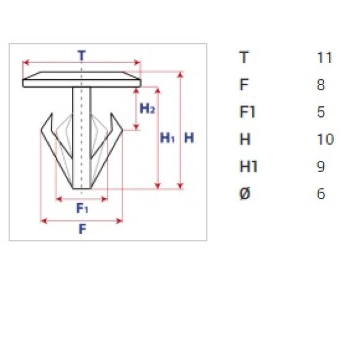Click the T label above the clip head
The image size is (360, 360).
tap(82, 56)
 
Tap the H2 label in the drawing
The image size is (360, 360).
tap(148, 108)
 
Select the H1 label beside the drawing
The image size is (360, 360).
tap(167, 138)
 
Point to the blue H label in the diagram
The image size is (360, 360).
tap(189, 138)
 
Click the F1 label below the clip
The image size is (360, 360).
tap(82, 208)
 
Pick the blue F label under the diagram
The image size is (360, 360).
tap(82, 229)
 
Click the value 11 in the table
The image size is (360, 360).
tap(325, 58)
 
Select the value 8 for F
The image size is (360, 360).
tap(321, 85)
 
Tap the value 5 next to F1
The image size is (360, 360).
tap(321, 112)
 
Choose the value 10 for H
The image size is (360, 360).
tap(325, 139)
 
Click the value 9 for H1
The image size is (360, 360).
tap(321, 166)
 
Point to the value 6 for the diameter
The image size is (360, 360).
tap(321, 194)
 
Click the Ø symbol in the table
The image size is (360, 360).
tap(245, 194)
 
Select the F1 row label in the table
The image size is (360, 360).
tap(247, 112)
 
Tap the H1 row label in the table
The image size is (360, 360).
tap(248, 166)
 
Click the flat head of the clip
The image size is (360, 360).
tap(82, 79)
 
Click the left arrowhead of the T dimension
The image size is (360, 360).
tap(26, 62)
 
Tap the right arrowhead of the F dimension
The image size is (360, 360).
tap(119, 221)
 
